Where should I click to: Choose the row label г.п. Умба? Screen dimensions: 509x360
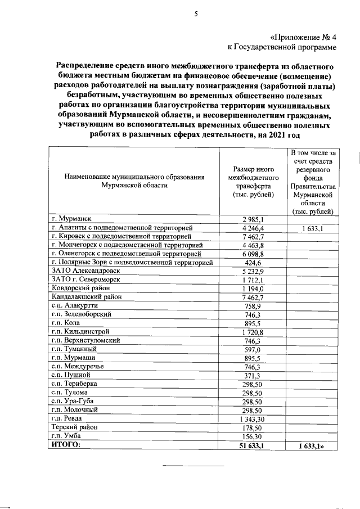pos(66,436)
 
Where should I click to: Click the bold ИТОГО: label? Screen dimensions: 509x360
pos(66,445)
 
